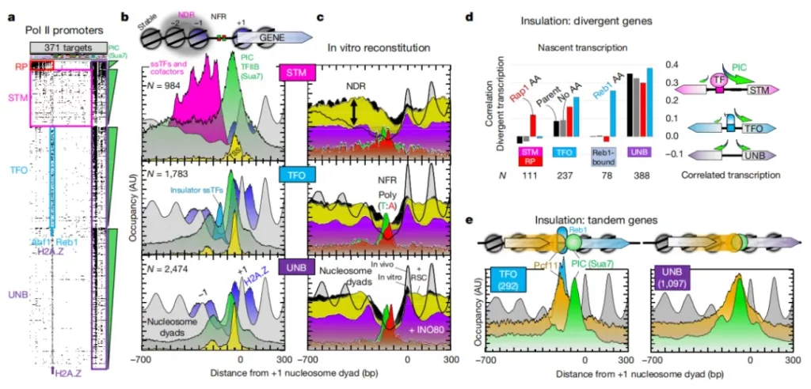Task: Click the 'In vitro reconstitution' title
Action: click(371, 48)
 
